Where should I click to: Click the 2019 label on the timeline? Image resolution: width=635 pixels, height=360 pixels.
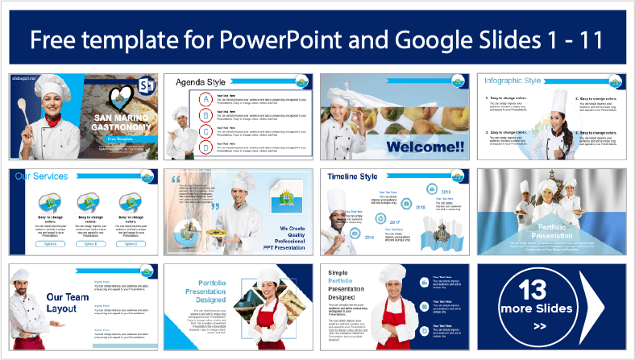446,192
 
